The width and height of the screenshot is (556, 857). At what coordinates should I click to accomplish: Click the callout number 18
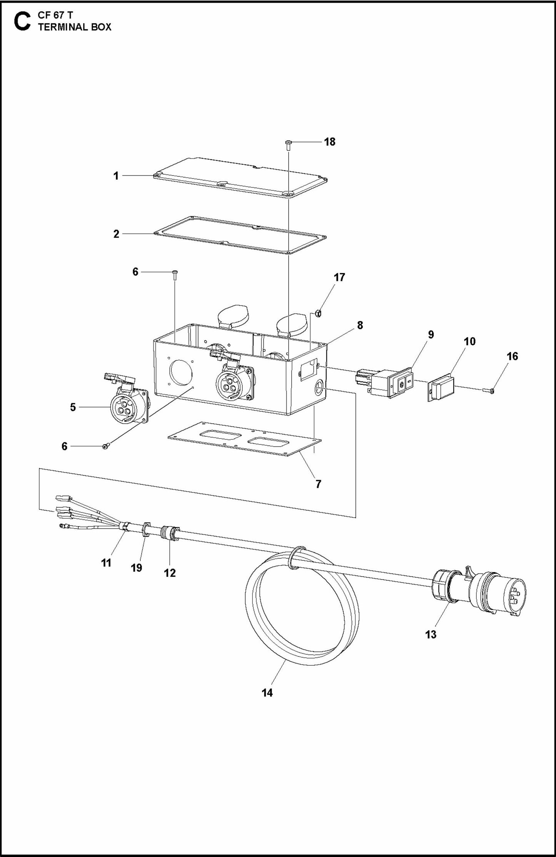329,142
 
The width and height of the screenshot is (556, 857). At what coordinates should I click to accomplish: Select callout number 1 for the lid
116,176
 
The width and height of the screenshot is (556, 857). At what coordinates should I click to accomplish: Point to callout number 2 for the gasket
116,234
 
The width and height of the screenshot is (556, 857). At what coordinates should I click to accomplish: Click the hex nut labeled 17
318,313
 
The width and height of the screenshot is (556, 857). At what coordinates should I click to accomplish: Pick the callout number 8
360,325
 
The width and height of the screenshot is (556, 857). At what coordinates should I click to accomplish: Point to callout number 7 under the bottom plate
318,484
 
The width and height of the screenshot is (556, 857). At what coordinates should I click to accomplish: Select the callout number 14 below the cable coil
267,693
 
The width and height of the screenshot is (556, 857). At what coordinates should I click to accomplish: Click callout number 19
137,568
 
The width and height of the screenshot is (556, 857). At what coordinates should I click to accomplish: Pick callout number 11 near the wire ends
106,563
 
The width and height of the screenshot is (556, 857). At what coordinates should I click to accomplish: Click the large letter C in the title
22,22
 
